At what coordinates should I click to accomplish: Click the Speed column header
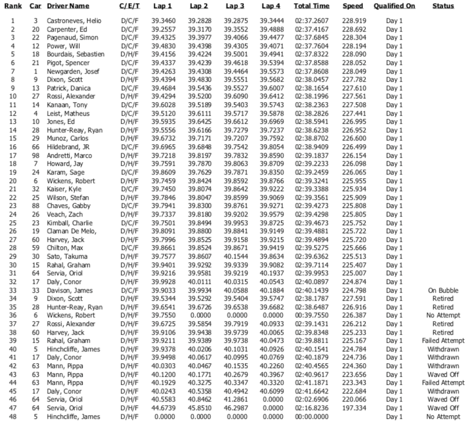353,6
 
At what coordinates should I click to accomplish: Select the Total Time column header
311,6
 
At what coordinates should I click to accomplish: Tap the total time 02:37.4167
311,28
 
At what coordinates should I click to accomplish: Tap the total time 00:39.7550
311,315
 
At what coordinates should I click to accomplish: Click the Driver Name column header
67,6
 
